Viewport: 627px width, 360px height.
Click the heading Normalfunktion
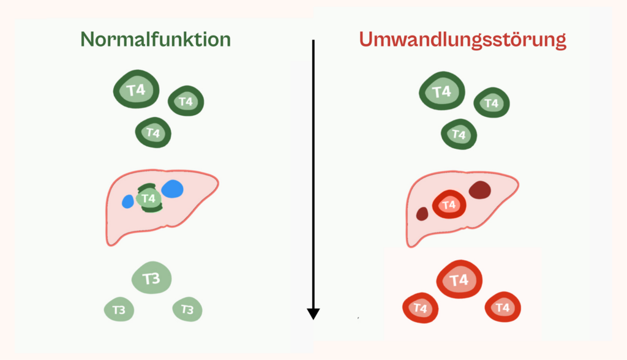pyautogui.click(x=156, y=40)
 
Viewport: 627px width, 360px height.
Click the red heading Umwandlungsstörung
pyautogui.click(x=462, y=40)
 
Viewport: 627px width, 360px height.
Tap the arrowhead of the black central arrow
pyautogui.click(x=313, y=313)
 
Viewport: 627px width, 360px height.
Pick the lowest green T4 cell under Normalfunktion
pyautogui.click(x=153, y=132)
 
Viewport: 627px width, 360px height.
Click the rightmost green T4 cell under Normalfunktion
pyautogui.click(x=186, y=102)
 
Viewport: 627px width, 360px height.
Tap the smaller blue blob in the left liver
pyautogui.click(x=128, y=201)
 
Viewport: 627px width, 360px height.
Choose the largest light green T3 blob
pyautogui.click(x=151, y=279)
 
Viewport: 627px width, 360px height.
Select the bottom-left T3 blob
pyautogui.click(x=119, y=310)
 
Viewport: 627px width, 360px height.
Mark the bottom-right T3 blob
pyautogui.click(x=187, y=310)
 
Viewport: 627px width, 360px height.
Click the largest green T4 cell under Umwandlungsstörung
pyautogui.click(x=442, y=92)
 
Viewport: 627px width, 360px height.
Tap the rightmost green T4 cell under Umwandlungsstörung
pyautogui.click(x=492, y=103)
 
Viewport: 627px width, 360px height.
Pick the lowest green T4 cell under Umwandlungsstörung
pyautogui.click(x=459, y=134)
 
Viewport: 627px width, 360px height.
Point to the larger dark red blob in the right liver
pyautogui.click(x=480, y=190)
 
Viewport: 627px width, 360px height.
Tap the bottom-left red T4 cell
pyautogui.click(x=420, y=309)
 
